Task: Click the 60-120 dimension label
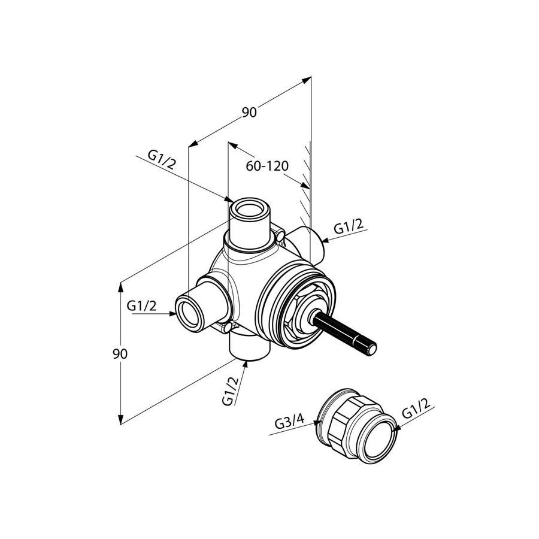pyautogui.click(x=267, y=166)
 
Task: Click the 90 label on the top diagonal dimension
pyautogui.click(x=249, y=113)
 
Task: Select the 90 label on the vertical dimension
pyautogui.click(x=120, y=354)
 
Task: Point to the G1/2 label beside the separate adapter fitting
pyautogui.click(x=416, y=408)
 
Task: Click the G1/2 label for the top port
pyautogui.click(x=162, y=161)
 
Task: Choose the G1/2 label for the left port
pyautogui.click(x=141, y=305)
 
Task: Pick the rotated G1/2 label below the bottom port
pyautogui.click(x=231, y=390)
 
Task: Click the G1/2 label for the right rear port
pyautogui.click(x=349, y=227)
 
